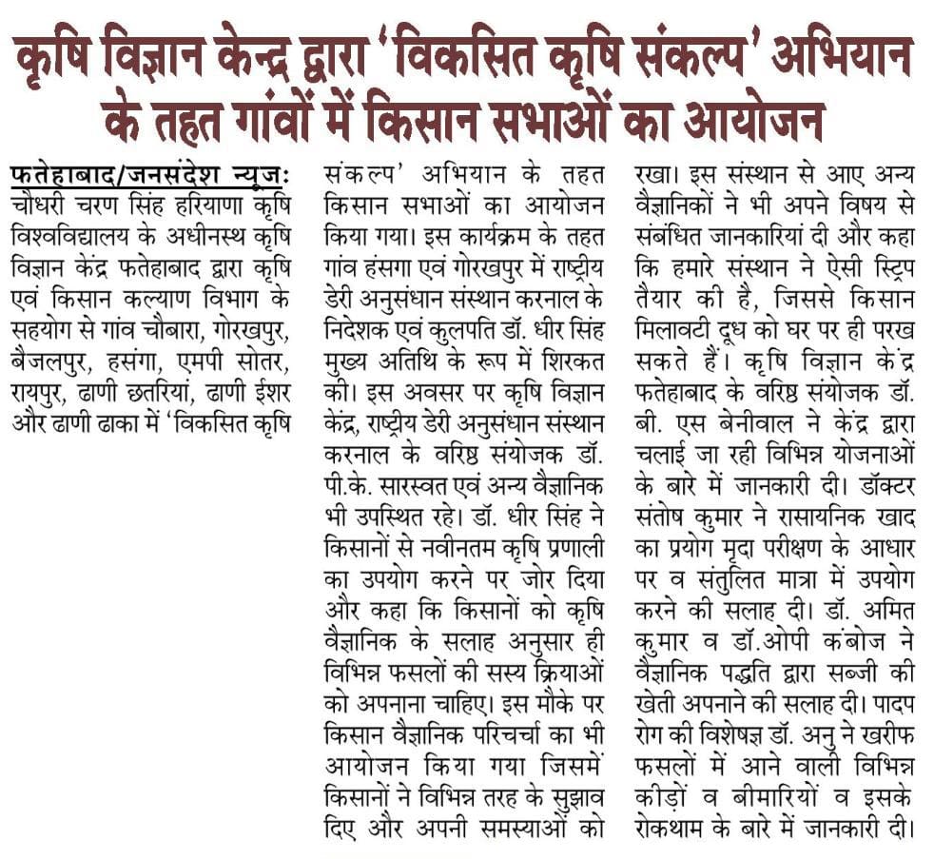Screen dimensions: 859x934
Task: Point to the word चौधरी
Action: (x=46, y=204)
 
